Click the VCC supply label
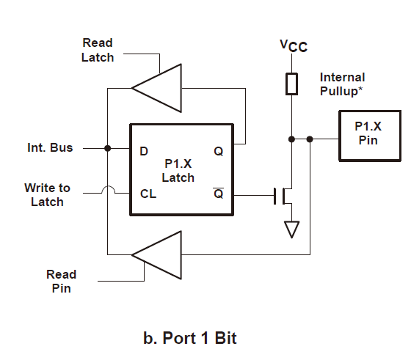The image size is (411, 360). coord(294,46)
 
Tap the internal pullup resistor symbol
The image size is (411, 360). coord(291,84)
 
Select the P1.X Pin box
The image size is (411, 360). coord(370,136)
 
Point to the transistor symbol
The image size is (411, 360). coord(283,196)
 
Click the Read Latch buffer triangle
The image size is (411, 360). coord(157,88)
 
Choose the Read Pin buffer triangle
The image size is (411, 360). coord(157,255)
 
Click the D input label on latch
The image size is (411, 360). coord(144,151)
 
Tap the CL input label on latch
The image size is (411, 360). coord(148,194)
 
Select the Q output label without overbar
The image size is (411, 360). coord(219,151)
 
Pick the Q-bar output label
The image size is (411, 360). coord(219,194)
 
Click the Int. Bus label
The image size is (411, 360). coord(50,147)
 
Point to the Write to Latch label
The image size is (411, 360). coord(48,195)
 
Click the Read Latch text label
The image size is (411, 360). coord(98,50)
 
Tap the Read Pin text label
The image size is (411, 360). coord(62,282)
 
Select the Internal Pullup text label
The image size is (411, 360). coord(342,84)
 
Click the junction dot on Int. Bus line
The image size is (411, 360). coord(107,148)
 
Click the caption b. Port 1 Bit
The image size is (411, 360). coord(190,338)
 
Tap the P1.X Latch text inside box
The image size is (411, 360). coord(178,171)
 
